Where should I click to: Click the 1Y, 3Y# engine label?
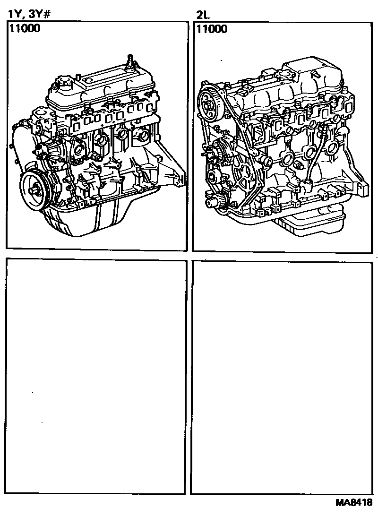pos(29,15)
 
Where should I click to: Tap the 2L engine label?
pos(203,15)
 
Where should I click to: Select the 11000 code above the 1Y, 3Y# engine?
pos(25,28)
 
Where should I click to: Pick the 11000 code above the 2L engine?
pos(212,29)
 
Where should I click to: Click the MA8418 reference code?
pos(354,502)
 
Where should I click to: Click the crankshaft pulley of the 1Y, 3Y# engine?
pos(34,190)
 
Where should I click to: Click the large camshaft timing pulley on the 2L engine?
pos(209,105)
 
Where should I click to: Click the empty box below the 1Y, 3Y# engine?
pos(96,377)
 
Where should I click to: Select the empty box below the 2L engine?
pos(282,378)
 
